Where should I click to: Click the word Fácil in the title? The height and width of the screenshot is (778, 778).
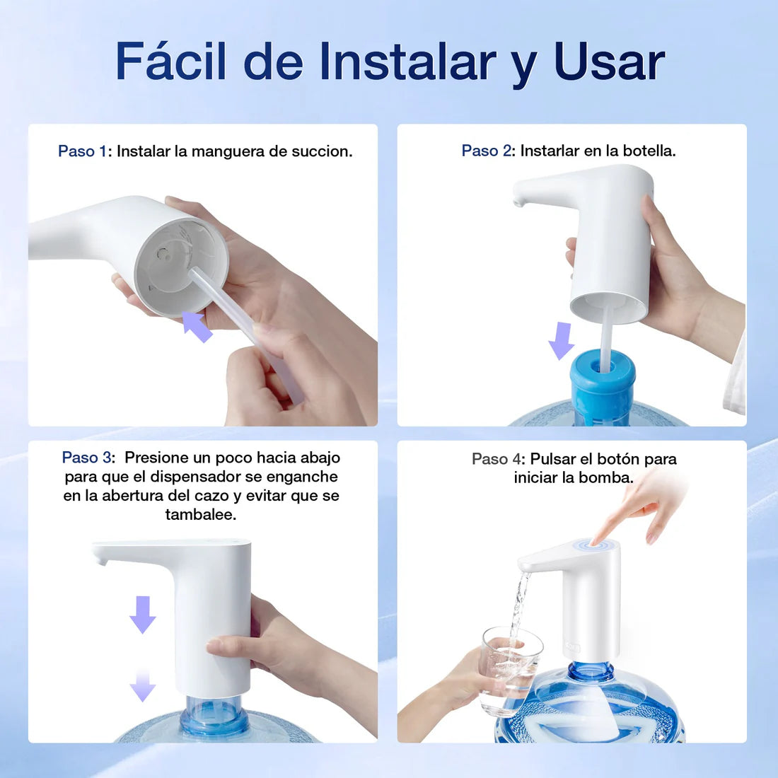[173, 62]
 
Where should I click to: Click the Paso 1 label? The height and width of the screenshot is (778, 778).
[82, 151]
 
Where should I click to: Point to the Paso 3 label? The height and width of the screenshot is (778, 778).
[88, 458]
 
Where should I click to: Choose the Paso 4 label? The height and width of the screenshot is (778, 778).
[498, 459]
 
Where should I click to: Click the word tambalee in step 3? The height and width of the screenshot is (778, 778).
[201, 515]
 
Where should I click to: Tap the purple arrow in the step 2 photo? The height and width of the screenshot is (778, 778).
[562, 340]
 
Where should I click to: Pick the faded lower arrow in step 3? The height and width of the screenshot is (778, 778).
[143, 686]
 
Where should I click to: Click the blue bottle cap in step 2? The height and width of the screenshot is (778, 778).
[603, 385]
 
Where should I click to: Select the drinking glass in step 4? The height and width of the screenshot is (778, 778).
[510, 668]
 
